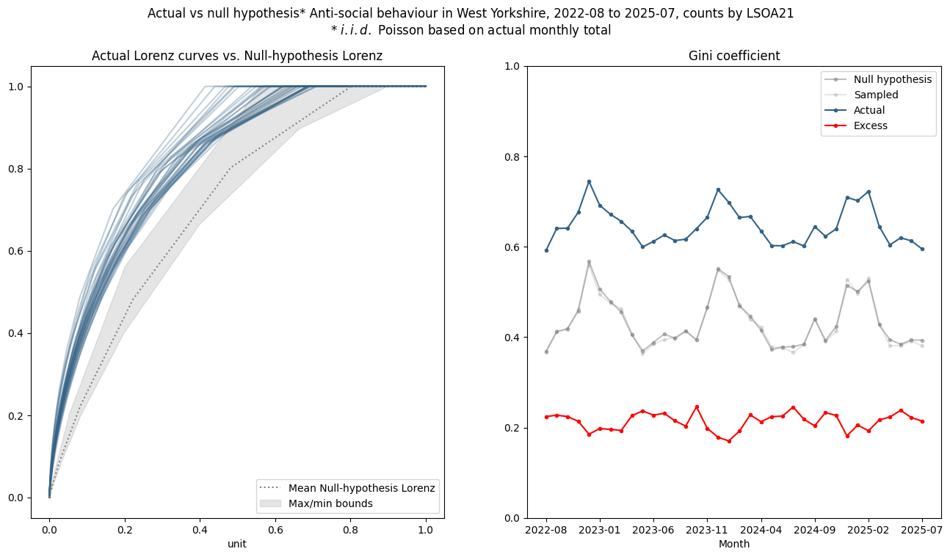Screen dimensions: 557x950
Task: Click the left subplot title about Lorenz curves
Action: [237, 56]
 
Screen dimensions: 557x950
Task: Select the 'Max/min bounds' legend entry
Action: [330, 503]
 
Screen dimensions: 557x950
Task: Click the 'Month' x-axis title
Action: [734, 545]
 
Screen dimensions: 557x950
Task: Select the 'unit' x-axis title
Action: [237, 545]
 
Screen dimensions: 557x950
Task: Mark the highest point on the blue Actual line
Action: [589, 181]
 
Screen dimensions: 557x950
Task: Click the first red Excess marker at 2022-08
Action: [546, 417]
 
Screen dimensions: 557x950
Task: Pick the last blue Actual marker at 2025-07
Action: [922, 249]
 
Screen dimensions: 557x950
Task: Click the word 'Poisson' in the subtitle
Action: [437, 30]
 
